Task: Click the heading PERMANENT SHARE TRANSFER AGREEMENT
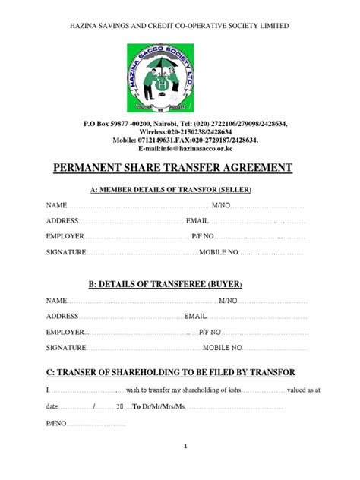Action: coord(179,167)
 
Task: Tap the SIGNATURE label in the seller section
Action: coord(65,251)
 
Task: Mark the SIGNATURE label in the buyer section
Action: coord(65,348)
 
